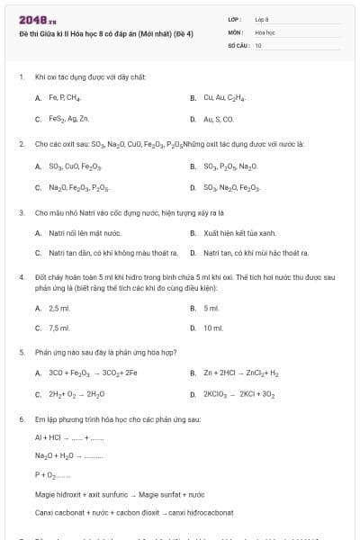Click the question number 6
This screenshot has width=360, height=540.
(21, 419)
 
